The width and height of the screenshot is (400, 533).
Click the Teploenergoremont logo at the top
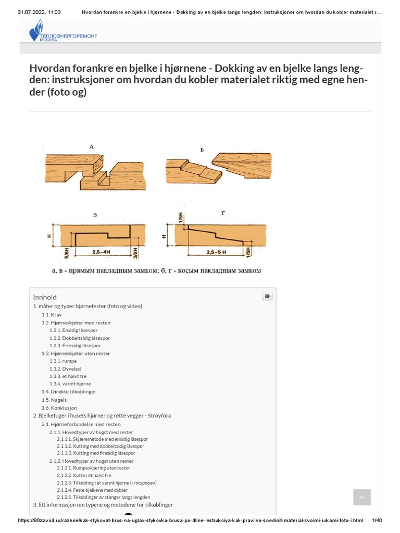point(63,31)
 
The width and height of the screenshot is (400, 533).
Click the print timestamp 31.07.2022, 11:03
point(39,12)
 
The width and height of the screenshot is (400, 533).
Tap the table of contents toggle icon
point(267,297)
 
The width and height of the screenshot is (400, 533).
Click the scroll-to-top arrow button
point(362,497)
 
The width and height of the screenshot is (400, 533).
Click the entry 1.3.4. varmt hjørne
point(70,384)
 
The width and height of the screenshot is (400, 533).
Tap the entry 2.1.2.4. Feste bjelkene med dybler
point(94,490)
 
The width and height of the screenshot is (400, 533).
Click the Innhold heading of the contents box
point(45,297)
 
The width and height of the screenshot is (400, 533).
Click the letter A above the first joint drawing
point(92,147)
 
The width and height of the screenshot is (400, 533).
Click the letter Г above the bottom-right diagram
point(223,213)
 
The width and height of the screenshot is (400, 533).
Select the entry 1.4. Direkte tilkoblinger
point(69,391)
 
